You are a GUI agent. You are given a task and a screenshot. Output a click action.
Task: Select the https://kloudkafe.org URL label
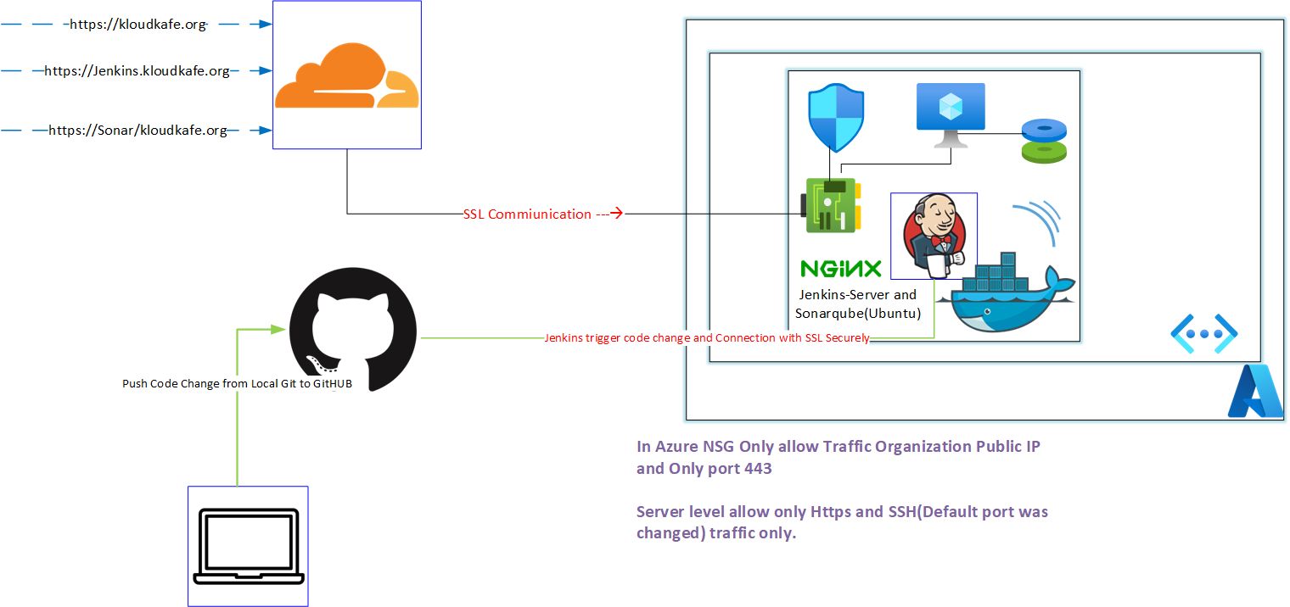(137, 25)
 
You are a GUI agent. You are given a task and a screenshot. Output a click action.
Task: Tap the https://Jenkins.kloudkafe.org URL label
(137, 71)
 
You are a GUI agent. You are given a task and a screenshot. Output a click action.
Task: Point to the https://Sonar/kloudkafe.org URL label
(137, 131)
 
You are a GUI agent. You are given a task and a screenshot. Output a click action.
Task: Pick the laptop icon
(248, 547)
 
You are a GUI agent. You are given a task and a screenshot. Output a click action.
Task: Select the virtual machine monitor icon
(951, 114)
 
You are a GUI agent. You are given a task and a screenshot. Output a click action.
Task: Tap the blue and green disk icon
(1043, 141)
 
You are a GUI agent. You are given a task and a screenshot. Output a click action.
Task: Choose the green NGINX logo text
(841, 270)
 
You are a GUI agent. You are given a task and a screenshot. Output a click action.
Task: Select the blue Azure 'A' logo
(1255, 392)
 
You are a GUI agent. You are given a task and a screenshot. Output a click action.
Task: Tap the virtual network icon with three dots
(1203, 333)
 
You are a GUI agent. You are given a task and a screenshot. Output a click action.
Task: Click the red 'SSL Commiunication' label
(527, 214)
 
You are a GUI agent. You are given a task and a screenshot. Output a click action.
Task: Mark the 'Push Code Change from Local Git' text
(237, 384)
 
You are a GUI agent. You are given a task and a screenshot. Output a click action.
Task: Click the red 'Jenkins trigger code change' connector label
(706, 338)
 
